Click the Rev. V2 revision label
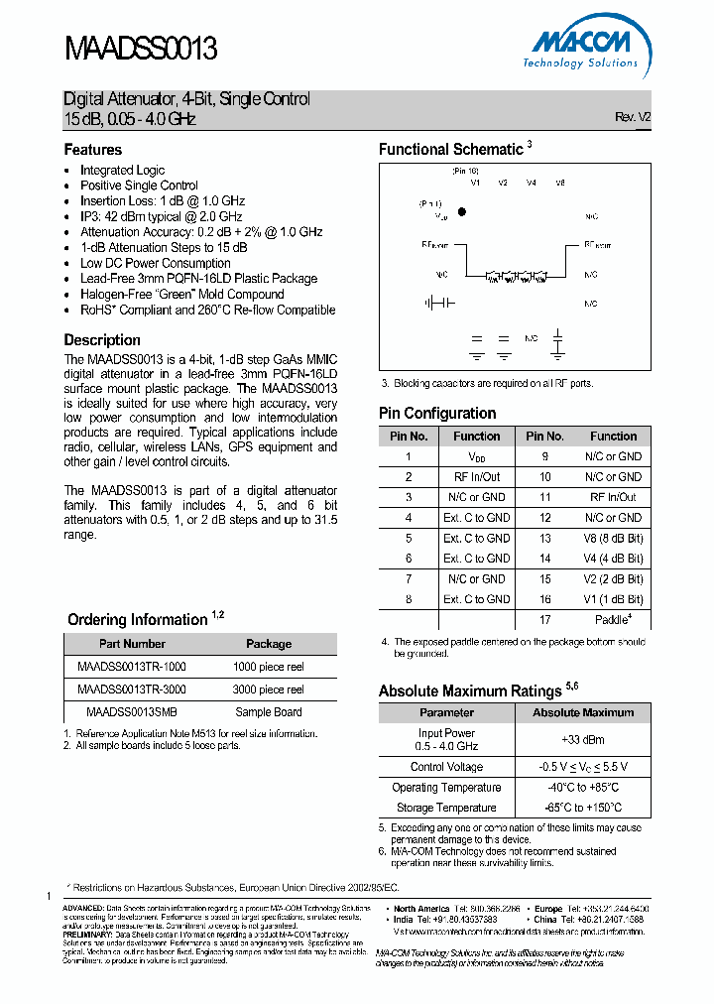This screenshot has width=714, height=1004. [x=633, y=117]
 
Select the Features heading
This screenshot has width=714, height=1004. [x=93, y=150]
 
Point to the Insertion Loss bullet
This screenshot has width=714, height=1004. [x=163, y=200]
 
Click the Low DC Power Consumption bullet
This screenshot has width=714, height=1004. [x=156, y=263]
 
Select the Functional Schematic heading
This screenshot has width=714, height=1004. [x=451, y=150]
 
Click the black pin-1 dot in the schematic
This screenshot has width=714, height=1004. [x=462, y=212]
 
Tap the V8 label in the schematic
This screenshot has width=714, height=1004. [x=560, y=183]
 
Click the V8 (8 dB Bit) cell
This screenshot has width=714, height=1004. [x=613, y=538]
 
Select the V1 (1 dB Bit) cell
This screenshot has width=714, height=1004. [x=613, y=599]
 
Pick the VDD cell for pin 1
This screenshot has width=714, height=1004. [x=477, y=456]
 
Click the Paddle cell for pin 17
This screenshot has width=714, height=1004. [x=613, y=620]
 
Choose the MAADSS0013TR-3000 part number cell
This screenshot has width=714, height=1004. [x=131, y=689]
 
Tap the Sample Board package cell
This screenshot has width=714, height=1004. [x=268, y=711]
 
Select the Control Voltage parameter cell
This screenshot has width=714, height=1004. [x=446, y=767]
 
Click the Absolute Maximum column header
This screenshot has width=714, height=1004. [x=583, y=712]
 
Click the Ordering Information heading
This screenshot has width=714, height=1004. [x=138, y=620]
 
